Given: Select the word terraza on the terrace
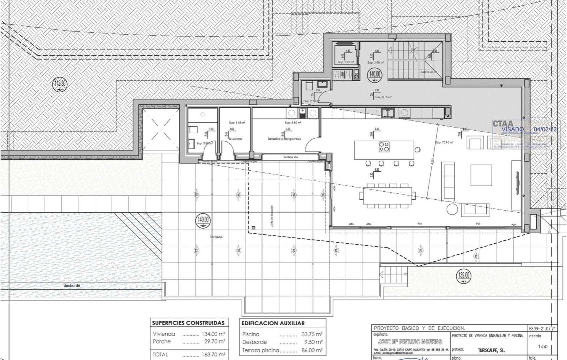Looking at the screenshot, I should coord(216,237).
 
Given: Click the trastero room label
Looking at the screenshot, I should coord(235,139).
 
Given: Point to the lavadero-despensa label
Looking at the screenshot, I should coord(284,139).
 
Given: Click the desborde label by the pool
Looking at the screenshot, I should coord(72,286).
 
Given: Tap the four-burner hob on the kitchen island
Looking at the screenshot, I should coord(384,147).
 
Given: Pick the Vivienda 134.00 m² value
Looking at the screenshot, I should coord(213,334).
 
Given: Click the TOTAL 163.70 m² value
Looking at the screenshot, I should coord(213,354).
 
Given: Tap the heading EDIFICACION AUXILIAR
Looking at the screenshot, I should coord(273,323).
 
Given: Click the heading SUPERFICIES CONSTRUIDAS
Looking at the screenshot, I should coord(188,323).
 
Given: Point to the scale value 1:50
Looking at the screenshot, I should coord(542,346).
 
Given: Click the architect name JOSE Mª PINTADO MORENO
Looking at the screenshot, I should coord(410,342).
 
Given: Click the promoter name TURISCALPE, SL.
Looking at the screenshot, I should coord(489,351).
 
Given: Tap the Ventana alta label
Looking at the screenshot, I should coord(290,157).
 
